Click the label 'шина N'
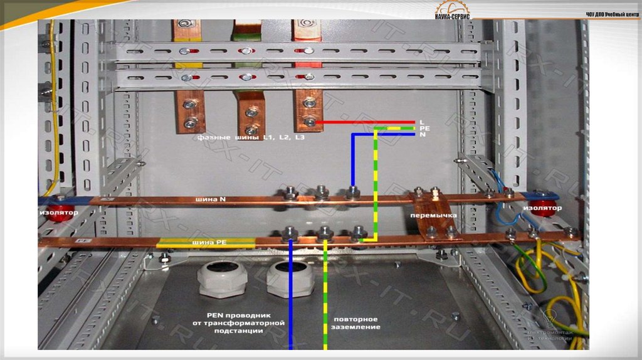pos(213,199)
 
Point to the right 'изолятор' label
pos(543,208)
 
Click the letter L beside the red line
pos(422,121)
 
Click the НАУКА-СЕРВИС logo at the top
pos(453,11)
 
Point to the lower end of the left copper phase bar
pos(189,113)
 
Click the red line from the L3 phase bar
pos(367,122)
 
